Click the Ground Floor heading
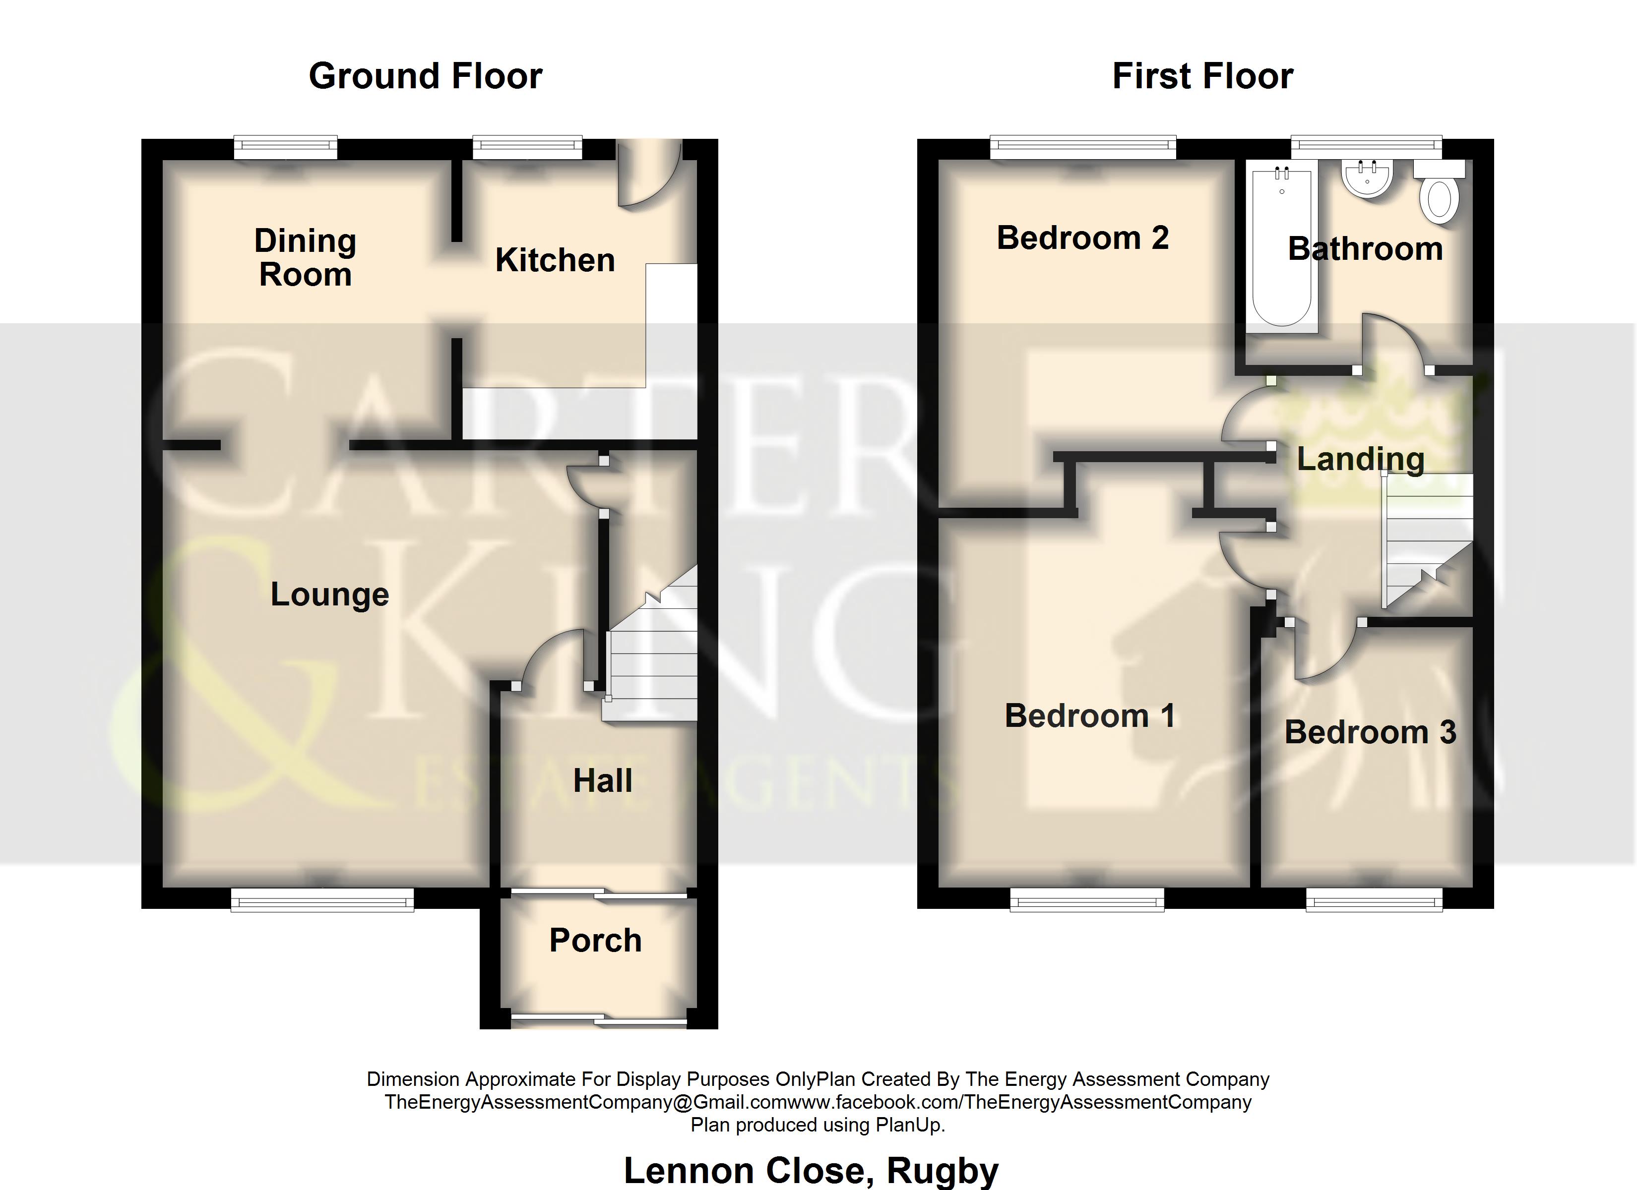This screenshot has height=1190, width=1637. tap(425, 76)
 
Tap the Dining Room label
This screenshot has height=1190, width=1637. tap(305, 258)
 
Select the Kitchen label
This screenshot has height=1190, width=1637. tap(555, 260)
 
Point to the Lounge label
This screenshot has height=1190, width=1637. tap(330, 595)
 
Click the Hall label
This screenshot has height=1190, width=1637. tap(603, 781)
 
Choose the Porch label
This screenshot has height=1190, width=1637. tap(595, 940)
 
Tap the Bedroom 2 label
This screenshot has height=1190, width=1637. tap(1083, 238)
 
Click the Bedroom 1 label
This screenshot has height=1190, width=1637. tap(1090, 716)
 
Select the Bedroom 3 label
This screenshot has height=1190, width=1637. tap(1371, 732)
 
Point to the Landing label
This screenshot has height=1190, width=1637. tap(1361, 460)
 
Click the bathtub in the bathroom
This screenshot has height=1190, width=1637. tap(1282, 247)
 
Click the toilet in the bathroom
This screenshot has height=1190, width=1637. tap(1439, 192)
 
